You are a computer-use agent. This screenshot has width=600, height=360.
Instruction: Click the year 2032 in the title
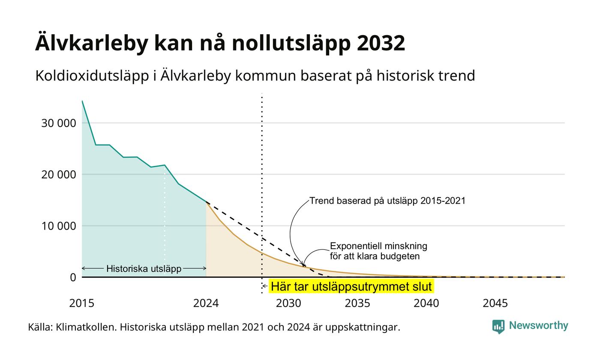[x=381, y=43]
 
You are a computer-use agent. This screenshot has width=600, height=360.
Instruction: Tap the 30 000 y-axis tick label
[x=59, y=123]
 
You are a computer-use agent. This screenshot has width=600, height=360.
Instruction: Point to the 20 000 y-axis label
[x=59, y=175]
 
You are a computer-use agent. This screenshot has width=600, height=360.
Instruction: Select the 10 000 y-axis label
[x=59, y=226]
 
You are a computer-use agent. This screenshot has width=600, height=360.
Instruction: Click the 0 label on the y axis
[x=73, y=278]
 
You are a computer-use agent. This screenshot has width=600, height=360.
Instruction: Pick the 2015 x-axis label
[x=82, y=303]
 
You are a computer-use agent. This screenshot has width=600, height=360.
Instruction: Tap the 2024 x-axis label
[x=206, y=303]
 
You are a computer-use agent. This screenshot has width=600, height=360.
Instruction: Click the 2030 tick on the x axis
[x=289, y=303]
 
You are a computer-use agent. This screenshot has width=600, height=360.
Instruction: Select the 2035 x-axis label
[x=357, y=303]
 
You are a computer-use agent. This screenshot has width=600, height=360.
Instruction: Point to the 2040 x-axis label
[x=426, y=303]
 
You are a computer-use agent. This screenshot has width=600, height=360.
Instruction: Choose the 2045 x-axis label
[x=495, y=303]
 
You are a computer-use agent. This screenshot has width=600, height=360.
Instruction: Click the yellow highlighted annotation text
[x=351, y=287]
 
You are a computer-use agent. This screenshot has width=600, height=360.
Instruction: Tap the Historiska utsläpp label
[x=144, y=269]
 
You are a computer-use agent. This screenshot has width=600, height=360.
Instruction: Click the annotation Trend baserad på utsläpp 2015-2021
[x=387, y=201]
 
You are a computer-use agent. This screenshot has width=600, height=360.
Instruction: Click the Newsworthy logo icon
[x=498, y=327]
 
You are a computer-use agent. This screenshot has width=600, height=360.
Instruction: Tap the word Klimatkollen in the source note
[x=86, y=327]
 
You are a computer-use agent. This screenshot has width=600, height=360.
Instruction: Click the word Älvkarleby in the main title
[x=91, y=43]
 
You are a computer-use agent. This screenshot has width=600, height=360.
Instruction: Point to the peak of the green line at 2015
[x=82, y=101]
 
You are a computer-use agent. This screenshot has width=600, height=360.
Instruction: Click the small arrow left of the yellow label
[x=265, y=286]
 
